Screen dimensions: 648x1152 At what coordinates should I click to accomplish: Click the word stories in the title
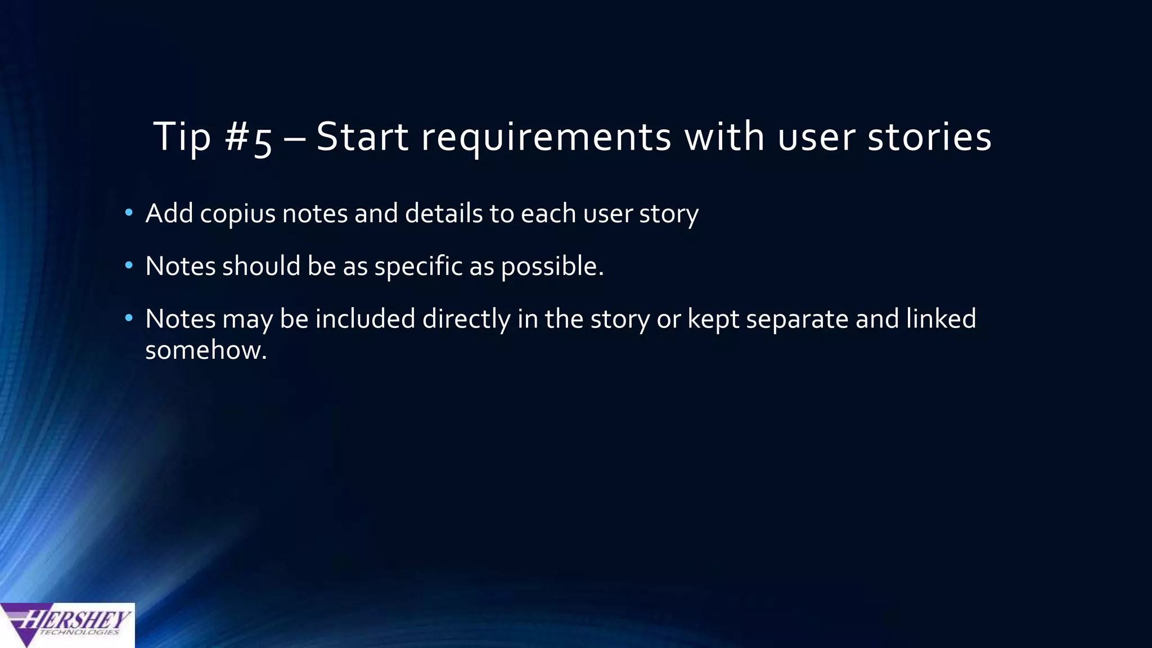click(929, 137)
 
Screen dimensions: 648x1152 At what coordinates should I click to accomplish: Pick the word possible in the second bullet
click(551, 267)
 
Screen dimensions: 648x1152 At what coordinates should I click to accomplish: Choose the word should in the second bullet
click(262, 265)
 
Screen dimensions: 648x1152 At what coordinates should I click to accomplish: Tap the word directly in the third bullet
click(466, 319)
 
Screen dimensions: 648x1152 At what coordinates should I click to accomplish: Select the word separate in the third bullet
click(797, 319)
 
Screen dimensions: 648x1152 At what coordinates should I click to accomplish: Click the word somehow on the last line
click(205, 350)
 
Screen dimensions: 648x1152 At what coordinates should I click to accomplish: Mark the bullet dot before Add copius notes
click(129, 213)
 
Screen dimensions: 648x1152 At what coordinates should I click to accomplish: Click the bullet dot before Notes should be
click(129, 265)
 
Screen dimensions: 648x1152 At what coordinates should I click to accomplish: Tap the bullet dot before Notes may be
click(129, 318)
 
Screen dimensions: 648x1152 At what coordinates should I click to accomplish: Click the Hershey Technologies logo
click(67, 624)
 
